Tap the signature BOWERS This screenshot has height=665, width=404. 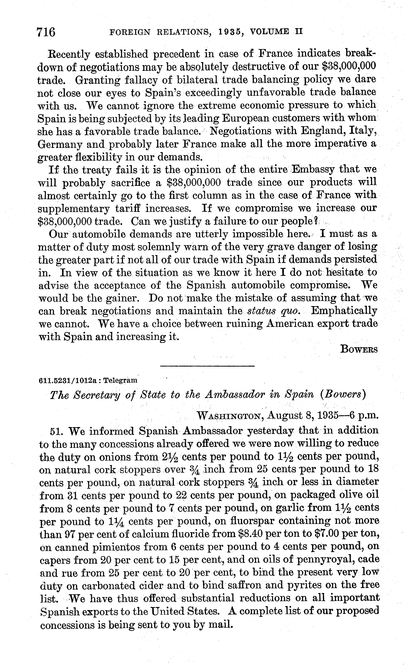click(359, 349)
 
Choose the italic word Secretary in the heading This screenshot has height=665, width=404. click(98, 395)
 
